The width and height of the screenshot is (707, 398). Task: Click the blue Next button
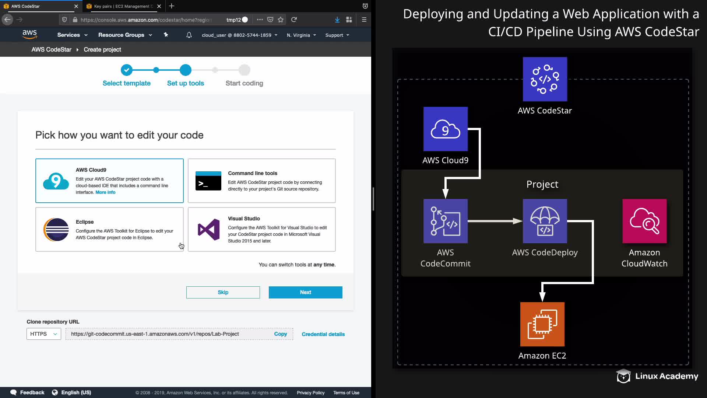305,292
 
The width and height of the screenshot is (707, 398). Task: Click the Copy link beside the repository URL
280,334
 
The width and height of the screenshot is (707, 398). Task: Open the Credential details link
323,334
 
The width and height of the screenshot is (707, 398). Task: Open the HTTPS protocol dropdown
43,334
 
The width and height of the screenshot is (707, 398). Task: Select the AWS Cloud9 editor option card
109,181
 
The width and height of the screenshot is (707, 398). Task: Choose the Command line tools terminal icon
208,181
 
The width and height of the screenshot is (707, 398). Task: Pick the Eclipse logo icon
56,230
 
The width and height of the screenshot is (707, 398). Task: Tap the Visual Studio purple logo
208,230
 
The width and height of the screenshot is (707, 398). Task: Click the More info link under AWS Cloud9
105,192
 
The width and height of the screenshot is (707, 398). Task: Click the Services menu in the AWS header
72,35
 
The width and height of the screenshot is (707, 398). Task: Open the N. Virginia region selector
301,35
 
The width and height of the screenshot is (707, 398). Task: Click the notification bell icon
189,35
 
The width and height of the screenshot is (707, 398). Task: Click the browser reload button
294,20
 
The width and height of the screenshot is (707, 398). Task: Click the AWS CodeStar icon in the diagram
545,79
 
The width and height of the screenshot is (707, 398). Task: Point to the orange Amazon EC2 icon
542,324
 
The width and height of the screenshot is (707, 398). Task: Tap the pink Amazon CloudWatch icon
644,221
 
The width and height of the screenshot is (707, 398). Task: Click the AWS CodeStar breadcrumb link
51,49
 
